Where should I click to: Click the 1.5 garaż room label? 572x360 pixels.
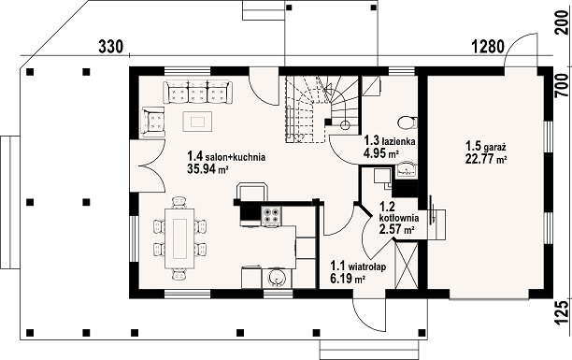tap(485, 147)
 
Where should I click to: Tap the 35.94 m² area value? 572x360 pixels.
tap(207, 168)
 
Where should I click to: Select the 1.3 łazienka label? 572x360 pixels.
tap(389, 140)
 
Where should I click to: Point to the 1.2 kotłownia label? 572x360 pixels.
tap(399, 212)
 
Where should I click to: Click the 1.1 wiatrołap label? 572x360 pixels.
tap(358, 266)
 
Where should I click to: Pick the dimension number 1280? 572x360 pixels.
tap(488, 47)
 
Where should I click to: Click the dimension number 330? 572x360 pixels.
tap(111, 47)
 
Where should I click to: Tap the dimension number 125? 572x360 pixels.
tap(561, 312)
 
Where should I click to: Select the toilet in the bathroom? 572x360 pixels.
tap(408, 122)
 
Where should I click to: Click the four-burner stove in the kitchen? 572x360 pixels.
tap(271, 215)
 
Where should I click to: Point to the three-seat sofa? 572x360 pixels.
tap(197, 92)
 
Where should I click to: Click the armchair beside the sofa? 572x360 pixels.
tap(153, 122)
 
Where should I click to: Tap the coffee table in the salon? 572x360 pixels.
tap(197, 122)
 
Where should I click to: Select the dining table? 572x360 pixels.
tap(179, 238)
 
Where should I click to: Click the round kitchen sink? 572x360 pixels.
tap(276, 279)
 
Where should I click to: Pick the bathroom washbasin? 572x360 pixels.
tap(406, 169)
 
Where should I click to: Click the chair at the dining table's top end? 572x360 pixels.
tap(179, 202)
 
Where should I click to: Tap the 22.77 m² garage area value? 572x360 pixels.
tap(487, 159)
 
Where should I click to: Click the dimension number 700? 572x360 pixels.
tap(561, 85)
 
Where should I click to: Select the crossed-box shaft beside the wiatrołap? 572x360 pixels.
tap(406, 265)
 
